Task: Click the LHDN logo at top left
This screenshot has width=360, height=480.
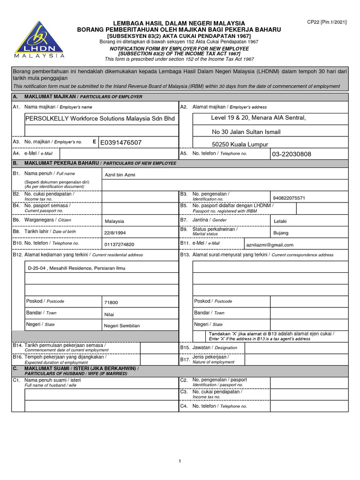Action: [x=39, y=39]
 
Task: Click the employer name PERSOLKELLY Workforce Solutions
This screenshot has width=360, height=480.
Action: [x=100, y=119]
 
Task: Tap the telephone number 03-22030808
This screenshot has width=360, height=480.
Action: [x=291, y=154]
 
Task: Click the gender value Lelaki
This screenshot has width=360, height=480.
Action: [x=280, y=221]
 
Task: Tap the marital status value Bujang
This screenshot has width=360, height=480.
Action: [x=281, y=233]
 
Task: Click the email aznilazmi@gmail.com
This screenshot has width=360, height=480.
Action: [x=270, y=245]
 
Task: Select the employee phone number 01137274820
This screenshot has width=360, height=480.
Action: [x=119, y=245]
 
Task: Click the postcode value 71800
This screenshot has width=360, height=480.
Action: [x=111, y=303]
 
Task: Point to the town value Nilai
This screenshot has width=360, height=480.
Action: [x=109, y=315]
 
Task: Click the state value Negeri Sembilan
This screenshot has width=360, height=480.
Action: [x=121, y=326]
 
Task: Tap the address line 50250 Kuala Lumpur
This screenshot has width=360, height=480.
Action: [x=240, y=145]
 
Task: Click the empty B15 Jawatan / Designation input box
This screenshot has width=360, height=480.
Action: [x=309, y=348]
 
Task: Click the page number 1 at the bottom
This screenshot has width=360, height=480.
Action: [x=180, y=462]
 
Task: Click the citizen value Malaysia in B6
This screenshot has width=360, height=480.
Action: [x=114, y=221]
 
